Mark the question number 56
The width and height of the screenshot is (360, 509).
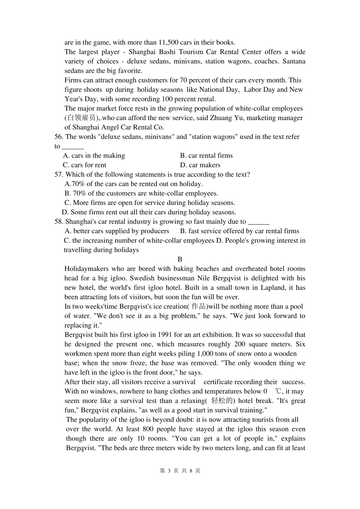click(58, 137)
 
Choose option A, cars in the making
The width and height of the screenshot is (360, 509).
click(94, 156)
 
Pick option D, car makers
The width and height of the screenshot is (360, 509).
click(200, 165)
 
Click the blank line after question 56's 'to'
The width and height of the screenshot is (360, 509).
click(72, 147)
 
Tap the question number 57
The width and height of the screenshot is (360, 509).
click(58, 175)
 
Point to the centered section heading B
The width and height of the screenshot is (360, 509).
click(180, 259)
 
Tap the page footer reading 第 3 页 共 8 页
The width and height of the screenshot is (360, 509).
click(180, 471)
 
